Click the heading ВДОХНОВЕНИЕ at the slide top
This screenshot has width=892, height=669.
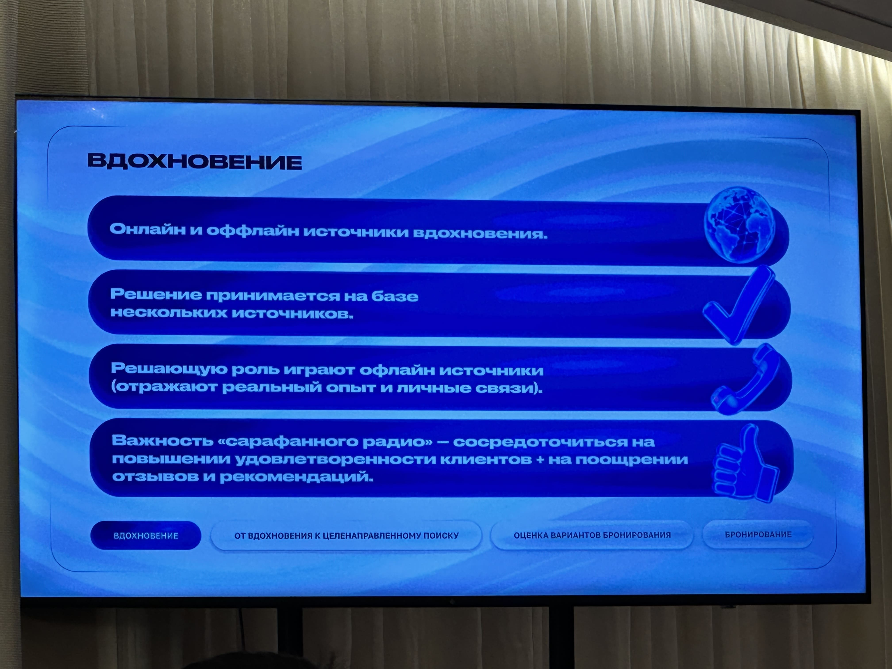[195, 162]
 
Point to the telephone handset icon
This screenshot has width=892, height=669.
[745, 379]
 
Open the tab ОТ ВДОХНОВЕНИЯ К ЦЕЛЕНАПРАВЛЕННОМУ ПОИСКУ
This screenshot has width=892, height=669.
[346, 536]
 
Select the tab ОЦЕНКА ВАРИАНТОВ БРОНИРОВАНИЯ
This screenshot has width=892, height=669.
[592, 535]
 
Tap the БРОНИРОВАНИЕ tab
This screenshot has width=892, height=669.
[758, 534]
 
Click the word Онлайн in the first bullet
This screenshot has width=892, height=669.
[148, 229]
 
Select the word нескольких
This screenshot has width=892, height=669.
[169, 313]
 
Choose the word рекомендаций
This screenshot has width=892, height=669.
[296, 477]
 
